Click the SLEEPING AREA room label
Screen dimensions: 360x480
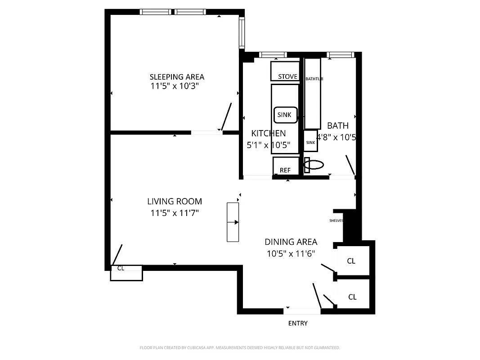coord(177,77)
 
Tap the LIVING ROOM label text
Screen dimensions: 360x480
coord(175,202)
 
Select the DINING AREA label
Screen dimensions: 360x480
coord(291,242)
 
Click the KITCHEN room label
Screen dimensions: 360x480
coord(268,133)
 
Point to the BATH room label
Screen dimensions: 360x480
coord(337,126)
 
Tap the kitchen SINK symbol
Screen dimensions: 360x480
coord(285,115)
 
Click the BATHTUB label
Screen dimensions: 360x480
coord(314,79)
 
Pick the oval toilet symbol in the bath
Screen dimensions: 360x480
coord(314,165)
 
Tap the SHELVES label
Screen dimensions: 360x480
coord(336,220)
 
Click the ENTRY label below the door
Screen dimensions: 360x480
coord(298,323)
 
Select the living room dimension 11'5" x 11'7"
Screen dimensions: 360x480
coord(175,213)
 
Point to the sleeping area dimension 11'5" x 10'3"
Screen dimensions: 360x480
coord(175,86)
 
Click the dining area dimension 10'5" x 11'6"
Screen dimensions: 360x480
coord(291,254)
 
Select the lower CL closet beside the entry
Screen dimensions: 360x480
coord(353,297)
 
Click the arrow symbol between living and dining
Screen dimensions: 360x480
coord(233,222)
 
